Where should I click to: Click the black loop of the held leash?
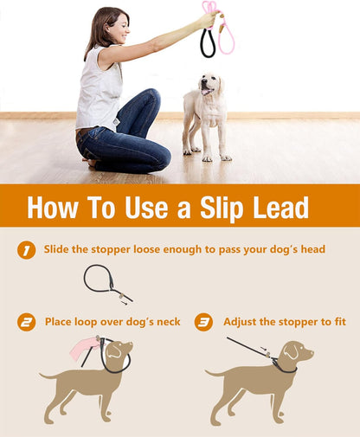click(x=208, y=43)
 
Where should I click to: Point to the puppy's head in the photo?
click(x=209, y=84)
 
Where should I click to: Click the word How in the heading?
click(x=55, y=208)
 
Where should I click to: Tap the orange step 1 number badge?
click(x=26, y=250)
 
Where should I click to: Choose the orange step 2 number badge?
click(x=27, y=322)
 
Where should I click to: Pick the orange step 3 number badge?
click(x=203, y=322)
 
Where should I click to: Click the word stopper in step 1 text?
click(x=118, y=250)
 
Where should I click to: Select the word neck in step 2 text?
click(x=164, y=322)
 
